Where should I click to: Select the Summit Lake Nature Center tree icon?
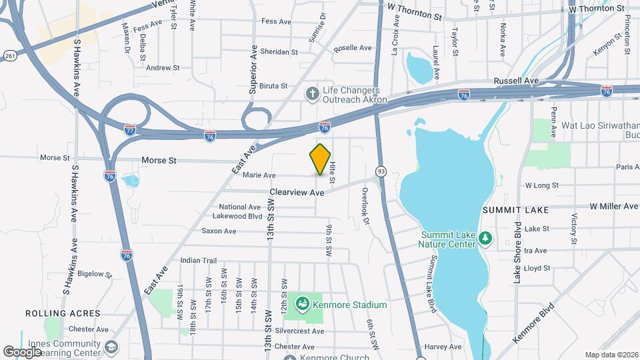(x=486, y=238)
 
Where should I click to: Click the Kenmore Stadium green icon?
(x=303, y=305)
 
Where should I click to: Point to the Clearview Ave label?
(x=297, y=192)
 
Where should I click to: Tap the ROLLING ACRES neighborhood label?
(x=63, y=313)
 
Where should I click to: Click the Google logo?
(x=22, y=352)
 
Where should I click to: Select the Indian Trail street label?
(x=199, y=260)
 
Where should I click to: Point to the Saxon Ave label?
(x=219, y=231)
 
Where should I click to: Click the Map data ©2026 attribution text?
(x=611, y=355)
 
